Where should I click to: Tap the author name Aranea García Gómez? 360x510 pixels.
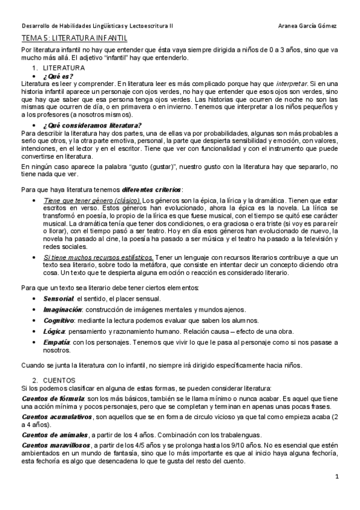pos(308,26)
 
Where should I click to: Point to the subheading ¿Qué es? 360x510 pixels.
pos(59,76)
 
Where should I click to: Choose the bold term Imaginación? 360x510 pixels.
pos(62,309)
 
